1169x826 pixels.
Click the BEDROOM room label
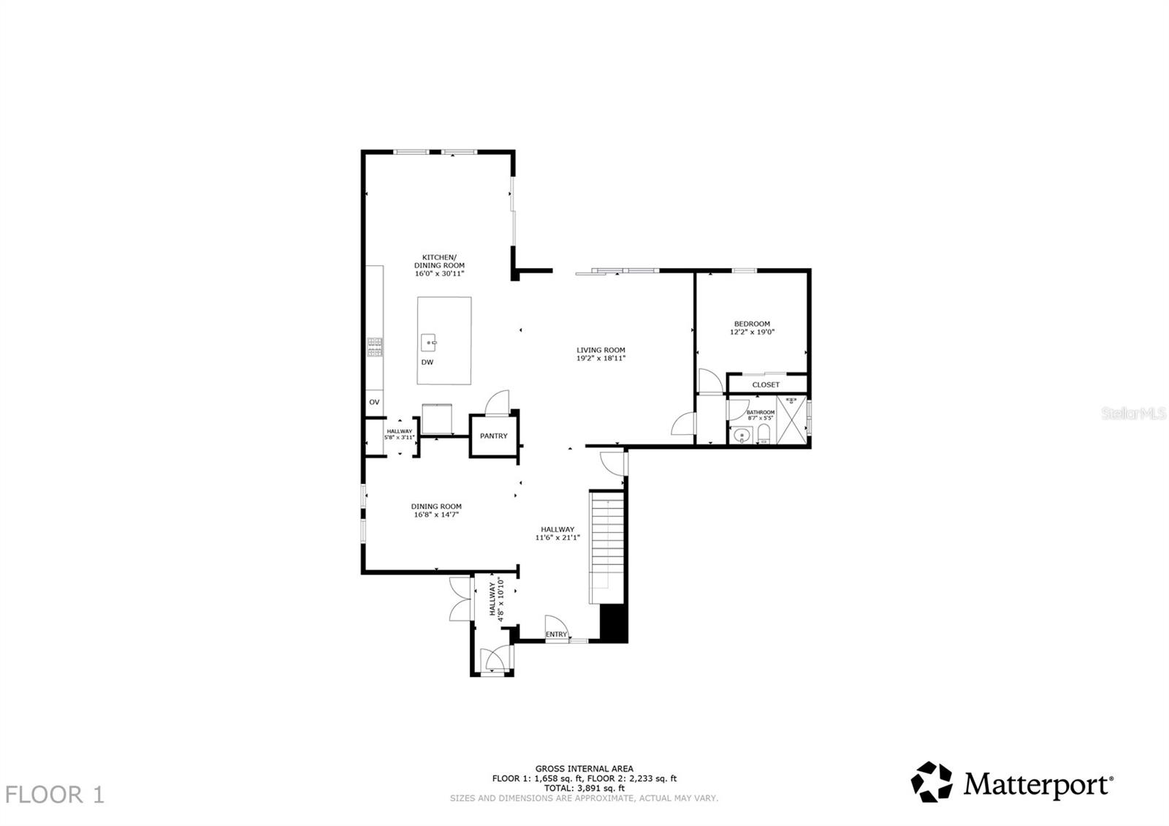(x=752, y=324)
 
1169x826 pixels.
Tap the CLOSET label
(x=766, y=384)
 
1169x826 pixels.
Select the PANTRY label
(x=494, y=436)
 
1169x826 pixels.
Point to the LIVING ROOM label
(x=601, y=350)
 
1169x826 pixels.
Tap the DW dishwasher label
(x=427, y=363)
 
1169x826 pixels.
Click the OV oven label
(x=374, y=402)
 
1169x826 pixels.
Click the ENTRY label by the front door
(x=556, y=634)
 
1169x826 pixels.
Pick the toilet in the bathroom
(x=764, y=435)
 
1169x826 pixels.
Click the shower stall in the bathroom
(x=791, y=420)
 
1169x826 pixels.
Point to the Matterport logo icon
(x=932, y=782)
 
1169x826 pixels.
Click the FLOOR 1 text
(x=55, y=795)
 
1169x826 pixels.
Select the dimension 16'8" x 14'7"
(x=436, y=515)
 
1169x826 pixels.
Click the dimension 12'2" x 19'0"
(x=752, y=332)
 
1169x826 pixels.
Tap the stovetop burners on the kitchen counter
(x=375, y=346)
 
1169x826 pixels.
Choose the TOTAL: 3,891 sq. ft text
(x=584, y=789)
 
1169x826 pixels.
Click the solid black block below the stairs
(x=613, y=624)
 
